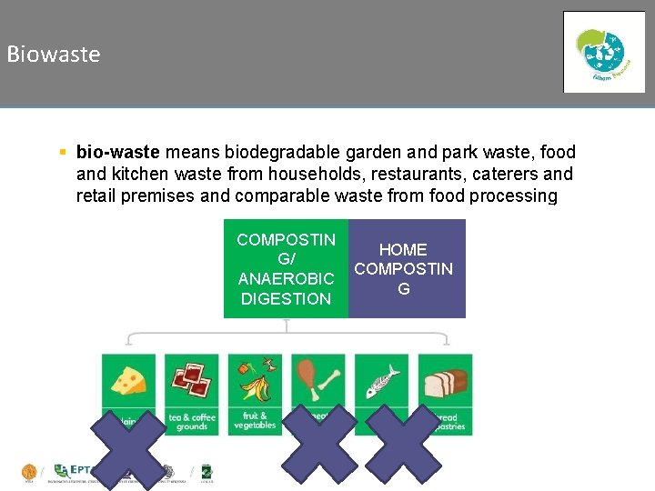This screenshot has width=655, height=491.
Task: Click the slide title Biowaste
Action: pos(54,55)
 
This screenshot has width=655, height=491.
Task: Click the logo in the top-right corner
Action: pos(603,52)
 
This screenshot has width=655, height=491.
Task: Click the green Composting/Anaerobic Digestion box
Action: pos(286,268)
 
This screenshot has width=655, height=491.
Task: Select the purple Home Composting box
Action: pos(406,268)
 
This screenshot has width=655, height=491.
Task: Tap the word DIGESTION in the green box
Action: pos(286,298)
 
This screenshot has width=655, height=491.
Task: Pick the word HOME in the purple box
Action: pos(403,249)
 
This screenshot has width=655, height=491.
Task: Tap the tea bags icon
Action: pos(191,379)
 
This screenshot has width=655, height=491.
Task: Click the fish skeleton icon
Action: pos(382,382)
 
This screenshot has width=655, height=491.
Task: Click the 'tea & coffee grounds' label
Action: pos(191,422)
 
